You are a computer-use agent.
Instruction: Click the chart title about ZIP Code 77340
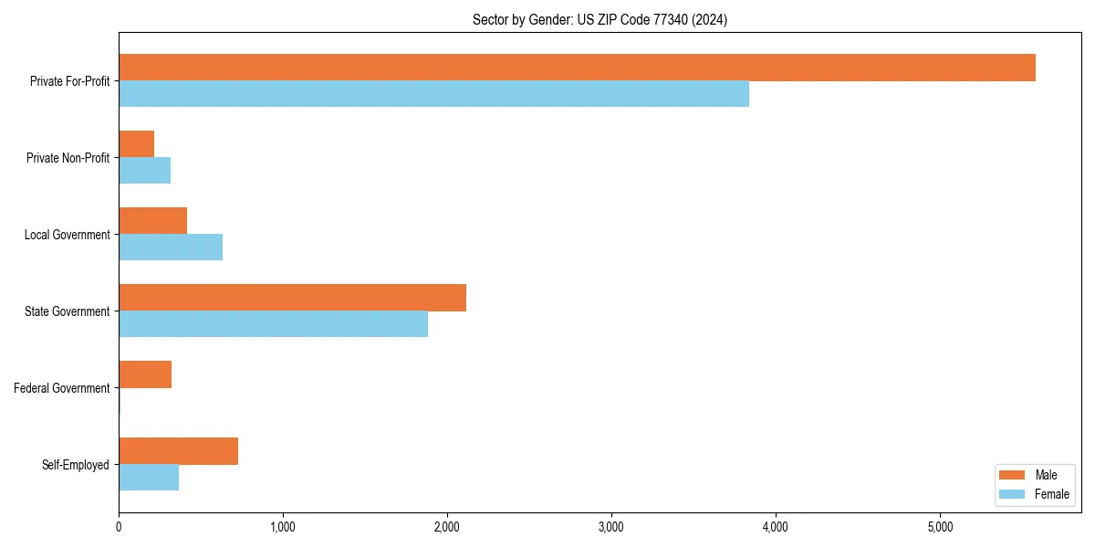click(600, 19)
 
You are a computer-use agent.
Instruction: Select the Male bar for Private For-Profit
click(577, 68)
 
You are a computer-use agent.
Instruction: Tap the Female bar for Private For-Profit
click(433, 94)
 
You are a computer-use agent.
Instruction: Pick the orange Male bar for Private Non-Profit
click(137, 144)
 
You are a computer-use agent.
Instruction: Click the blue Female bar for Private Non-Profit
click(145, 171)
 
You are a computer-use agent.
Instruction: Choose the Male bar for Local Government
click(153, 221)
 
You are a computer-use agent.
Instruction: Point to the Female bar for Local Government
click(171, 248)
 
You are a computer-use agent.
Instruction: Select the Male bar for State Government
click(292, 298)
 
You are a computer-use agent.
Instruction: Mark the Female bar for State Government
click(273, 324)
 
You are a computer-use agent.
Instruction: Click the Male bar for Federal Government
click(145, 374)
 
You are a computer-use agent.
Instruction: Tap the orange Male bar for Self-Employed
click(179, 451)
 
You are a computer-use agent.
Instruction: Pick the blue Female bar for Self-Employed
click(149, 478)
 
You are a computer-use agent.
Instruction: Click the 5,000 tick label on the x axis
click(940, 527)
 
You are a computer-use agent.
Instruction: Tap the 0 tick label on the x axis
click(119, 527)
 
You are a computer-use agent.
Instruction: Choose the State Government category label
click(67, 311)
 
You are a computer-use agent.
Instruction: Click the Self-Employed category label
click(75, 465)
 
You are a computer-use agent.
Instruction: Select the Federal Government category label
click(62, 388)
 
